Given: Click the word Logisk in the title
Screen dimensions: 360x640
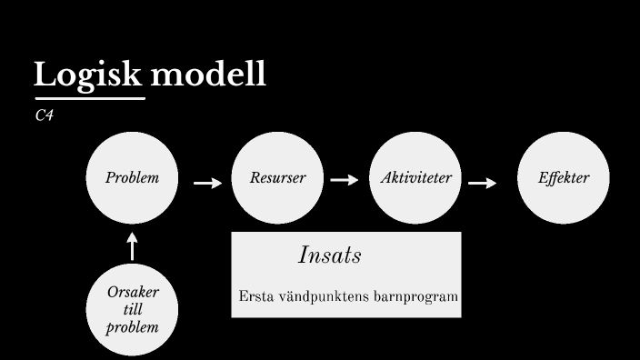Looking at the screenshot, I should click(x=87, y=75).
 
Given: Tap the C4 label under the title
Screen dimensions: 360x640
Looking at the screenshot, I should click(x=43, y=115).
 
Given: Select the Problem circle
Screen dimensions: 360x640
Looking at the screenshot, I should click(x=132, y=178).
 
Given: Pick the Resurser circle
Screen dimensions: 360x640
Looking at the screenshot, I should click(x=277, y=178).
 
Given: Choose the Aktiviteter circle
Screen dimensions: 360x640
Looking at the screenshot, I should click(x=415, y=178).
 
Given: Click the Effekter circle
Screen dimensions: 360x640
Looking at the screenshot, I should click(x=564, y=178).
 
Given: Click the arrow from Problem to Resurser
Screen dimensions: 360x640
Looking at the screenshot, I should click(x=207, y=183).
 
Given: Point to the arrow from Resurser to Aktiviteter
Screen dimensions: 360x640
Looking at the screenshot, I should click(x=345, y=180).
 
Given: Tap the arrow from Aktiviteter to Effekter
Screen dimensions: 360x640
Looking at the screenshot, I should click(x=483, y=183).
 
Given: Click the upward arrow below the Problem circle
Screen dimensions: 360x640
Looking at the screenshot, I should click(x=133, y=246).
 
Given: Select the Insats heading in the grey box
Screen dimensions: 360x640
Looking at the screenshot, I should click(x=329, y=256).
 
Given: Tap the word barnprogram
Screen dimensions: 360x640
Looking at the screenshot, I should click(x=418, y=297).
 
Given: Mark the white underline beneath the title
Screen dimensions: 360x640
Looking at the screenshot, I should click(x=89, y=97).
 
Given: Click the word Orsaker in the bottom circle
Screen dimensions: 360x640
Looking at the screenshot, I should click(x=132, y=294).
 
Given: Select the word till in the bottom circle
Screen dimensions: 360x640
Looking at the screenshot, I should click(x=132, y=310).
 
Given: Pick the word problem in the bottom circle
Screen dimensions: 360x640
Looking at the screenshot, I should click(x=132, y=327).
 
